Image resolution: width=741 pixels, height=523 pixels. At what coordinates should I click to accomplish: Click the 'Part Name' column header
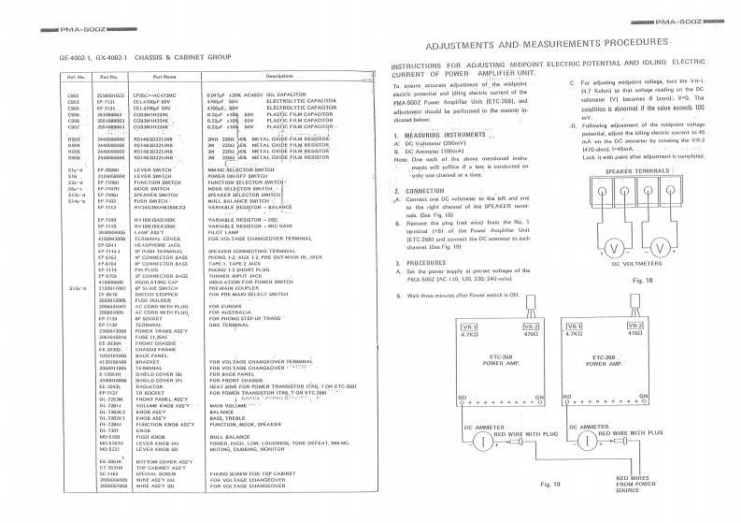point(164,76)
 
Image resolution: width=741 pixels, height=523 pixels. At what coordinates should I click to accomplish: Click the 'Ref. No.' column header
point(76,76)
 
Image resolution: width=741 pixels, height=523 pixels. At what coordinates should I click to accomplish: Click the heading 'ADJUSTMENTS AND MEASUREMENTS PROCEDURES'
point(547,45)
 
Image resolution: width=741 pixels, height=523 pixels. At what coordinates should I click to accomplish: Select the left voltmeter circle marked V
point(614,246)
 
